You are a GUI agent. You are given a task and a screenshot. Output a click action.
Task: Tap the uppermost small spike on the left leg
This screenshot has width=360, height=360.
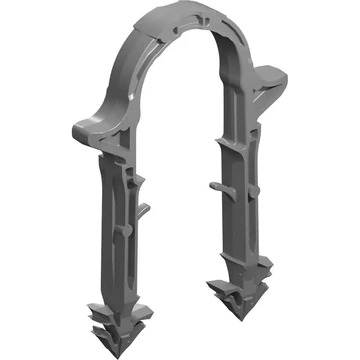pos(141,179)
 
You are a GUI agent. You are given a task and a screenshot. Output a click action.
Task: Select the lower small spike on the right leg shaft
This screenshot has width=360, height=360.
pos(214,184)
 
